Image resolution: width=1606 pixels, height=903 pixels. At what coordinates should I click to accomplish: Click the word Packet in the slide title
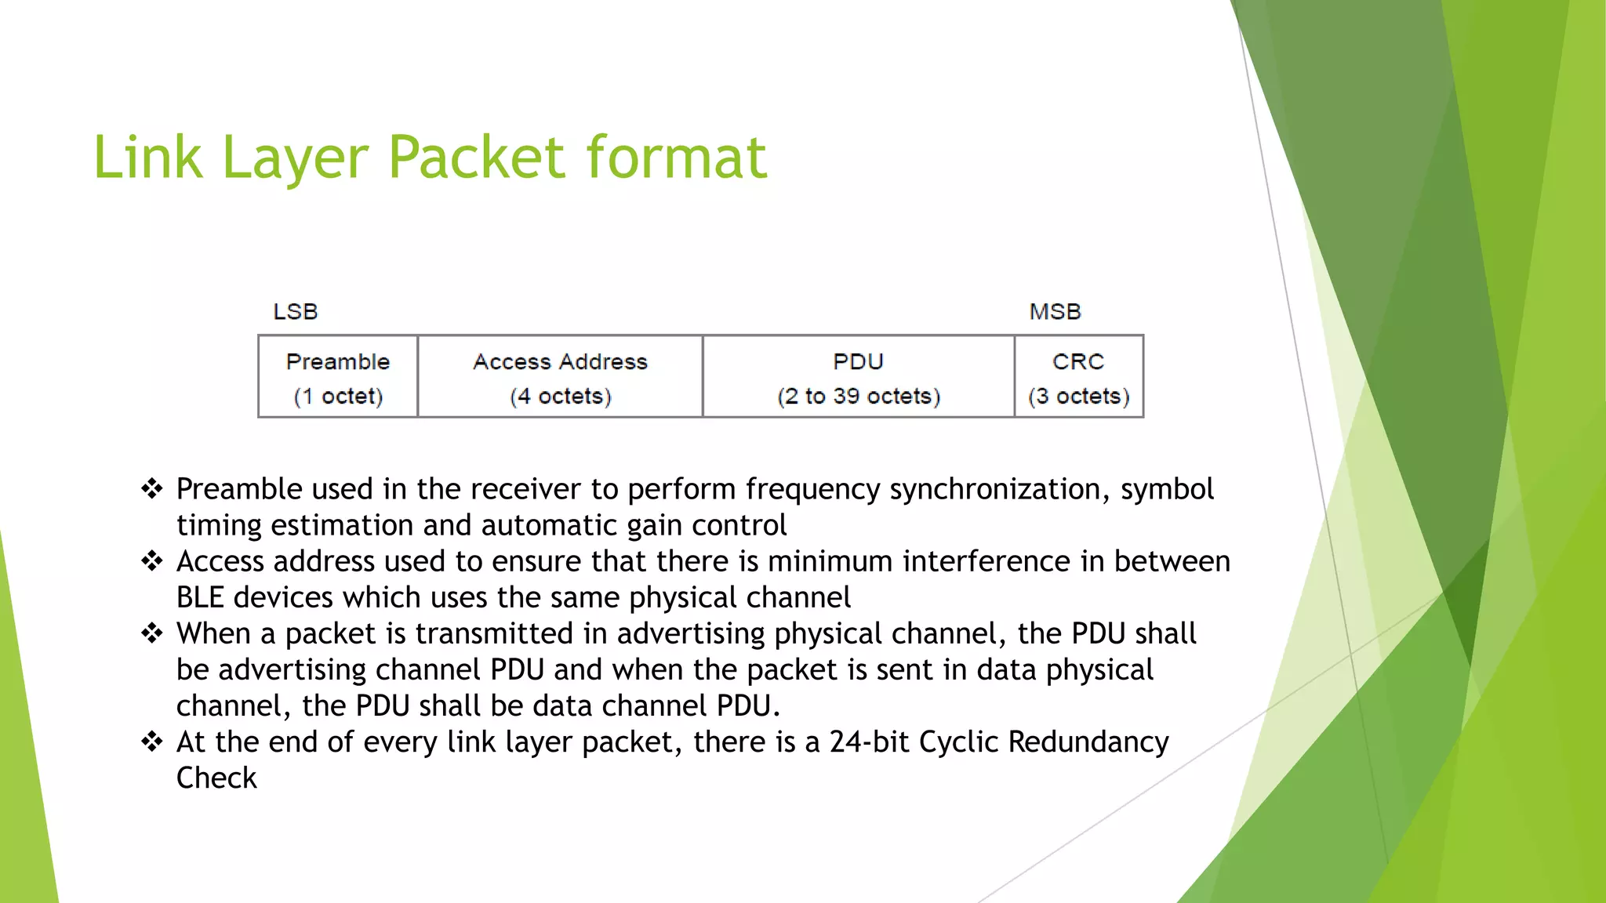coord(476,157)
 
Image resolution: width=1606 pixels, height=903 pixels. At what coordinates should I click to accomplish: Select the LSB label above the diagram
coord(295,311)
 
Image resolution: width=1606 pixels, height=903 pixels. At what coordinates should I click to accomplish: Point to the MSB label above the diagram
coord(1055,311)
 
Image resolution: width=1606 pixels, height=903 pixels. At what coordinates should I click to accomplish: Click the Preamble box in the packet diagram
coord(338,376)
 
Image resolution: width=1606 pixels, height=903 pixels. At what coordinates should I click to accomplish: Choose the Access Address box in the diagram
coord(560,376)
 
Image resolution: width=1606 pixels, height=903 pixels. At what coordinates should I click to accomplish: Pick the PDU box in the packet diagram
coord(859,376)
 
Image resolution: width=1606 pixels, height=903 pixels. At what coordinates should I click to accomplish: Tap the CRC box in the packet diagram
coord(1079,376)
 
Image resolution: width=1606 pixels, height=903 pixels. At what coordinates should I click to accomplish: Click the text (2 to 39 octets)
coord(859,396)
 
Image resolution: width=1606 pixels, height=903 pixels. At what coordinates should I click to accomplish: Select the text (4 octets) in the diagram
coord(560,396)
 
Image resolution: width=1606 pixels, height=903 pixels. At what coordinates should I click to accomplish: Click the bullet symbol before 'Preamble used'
coord(151,489)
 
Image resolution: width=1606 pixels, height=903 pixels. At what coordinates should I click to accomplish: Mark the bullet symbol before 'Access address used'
coord(151,561)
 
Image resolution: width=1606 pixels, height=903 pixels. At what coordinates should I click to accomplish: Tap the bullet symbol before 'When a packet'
coord(151,633)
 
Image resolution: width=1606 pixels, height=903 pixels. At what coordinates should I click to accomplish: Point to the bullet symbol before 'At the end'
coord(151,742)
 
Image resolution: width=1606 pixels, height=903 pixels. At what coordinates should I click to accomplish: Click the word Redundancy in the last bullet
coord(1088,742)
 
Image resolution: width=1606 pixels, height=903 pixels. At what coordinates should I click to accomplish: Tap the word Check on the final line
coord(216,778)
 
